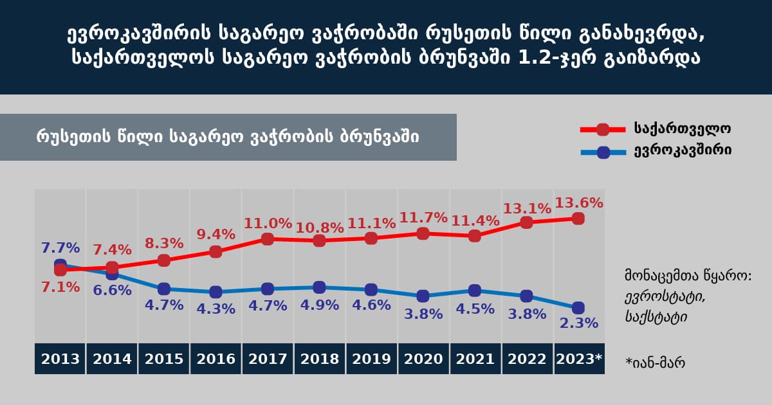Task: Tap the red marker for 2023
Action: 578,219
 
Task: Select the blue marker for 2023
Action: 578,307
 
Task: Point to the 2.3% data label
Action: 578,323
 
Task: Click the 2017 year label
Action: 268,359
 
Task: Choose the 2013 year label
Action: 60,359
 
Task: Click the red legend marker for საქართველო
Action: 603,129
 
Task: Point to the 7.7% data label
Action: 60,248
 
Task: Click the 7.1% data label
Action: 60,287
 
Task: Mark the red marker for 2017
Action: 268,239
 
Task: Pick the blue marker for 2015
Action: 164,289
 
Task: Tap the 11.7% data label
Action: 422,217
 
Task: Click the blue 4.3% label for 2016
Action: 216,309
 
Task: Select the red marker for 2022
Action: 526,222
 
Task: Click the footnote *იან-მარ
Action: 655,363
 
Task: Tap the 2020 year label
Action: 423,359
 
